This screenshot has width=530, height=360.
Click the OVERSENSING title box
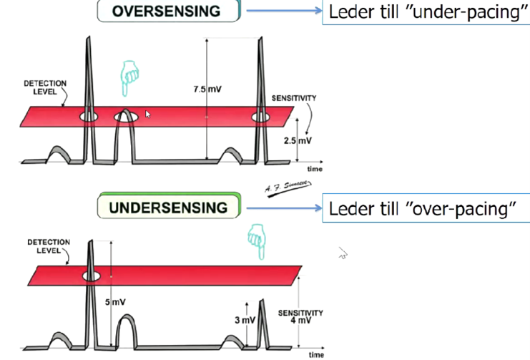pyautogui.click(x=168, y=11)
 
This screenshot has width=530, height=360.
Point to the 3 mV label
pyautogui.click(x=243, y=319)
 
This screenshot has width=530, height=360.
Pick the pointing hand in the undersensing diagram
pyautogui.click(x=255, y=238)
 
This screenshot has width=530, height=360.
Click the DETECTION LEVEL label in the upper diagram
pyautogui.click(x=44, y=88)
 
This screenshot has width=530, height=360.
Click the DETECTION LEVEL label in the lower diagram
pyautogui.click(x=49, y=246)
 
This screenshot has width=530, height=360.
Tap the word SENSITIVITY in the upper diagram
pyautogui.click(x=293, y=97)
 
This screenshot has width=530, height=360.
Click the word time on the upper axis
pyautogui.click(x=315, y=169)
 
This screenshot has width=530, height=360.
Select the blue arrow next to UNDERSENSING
pyautogui.click(x=283, y=209)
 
